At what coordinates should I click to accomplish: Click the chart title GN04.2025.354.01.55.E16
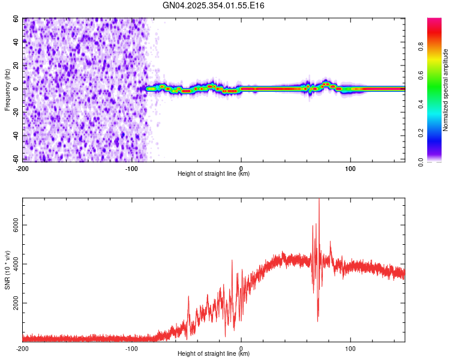click(214, 5)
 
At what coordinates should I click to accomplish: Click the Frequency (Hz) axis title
click(7, 89)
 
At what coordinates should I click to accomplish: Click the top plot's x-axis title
click(214, 174)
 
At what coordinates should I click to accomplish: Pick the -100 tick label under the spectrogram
click(131, 168)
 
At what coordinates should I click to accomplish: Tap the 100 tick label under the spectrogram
click(350, 168)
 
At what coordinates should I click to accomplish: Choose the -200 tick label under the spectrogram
click(22, 168)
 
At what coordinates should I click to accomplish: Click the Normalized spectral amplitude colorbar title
click(446, 90)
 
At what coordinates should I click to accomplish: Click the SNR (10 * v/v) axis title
click(7, 269)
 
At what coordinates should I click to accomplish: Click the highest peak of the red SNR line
click(319, 199)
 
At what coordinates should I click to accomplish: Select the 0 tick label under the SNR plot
click(241, 348)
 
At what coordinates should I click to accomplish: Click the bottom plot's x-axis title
click(214, 354)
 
